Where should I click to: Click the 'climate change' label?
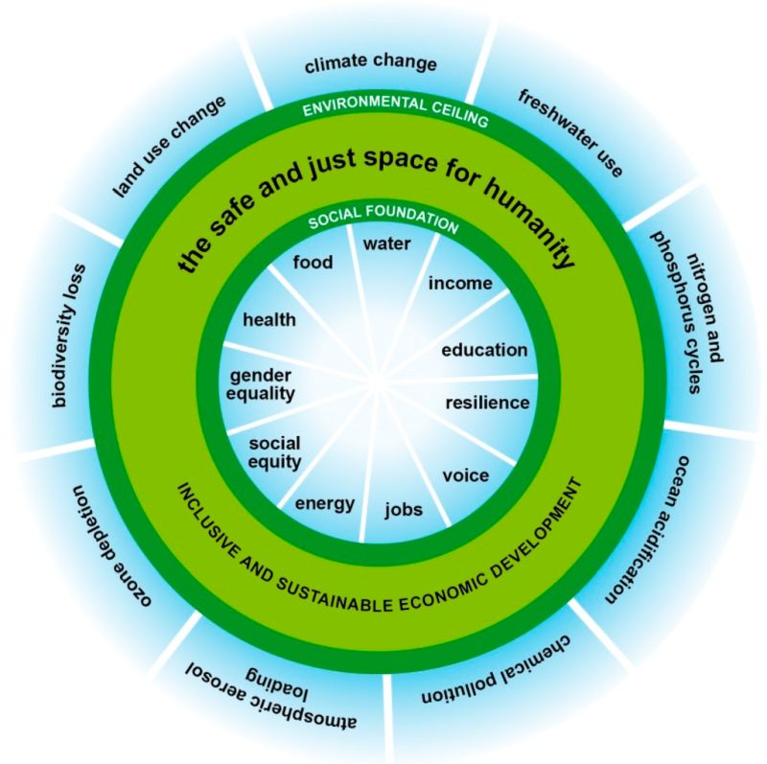(x=370, y=65)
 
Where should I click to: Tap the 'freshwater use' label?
(x=570, y=132)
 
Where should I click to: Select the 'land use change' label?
(x=170, y=147)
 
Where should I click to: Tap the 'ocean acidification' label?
(x=647, y=524)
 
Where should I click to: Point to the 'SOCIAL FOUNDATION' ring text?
(x=383, y=221)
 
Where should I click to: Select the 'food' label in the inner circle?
(x=314, y=262)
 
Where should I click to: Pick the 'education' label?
(x=484, y=350)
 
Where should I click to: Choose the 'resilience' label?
(x=487, y=402)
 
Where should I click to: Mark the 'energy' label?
(x=325, y=503)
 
